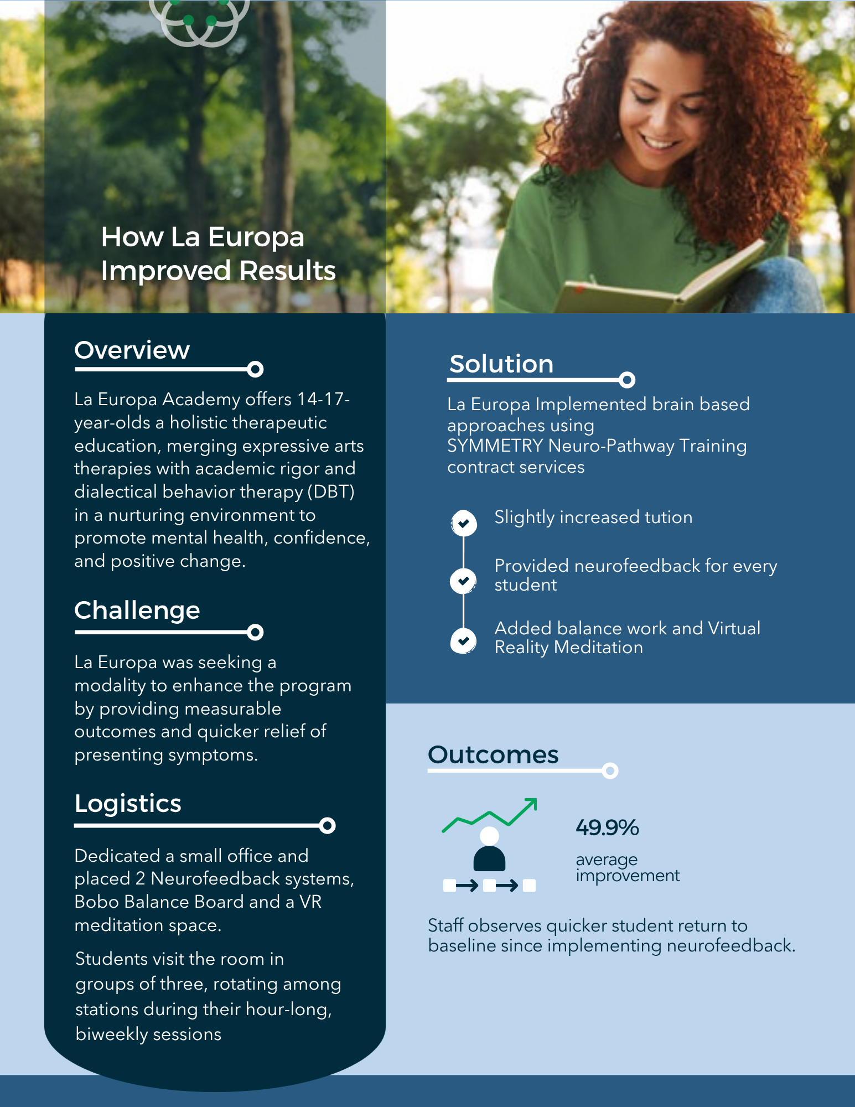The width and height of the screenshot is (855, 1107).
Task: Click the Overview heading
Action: click(x=132, y=350)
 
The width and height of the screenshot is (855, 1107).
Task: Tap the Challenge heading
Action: click(x=137, y=611)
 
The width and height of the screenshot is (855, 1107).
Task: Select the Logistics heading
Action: click(x=128, y=804)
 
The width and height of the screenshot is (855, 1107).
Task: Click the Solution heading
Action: click(x=501, y=364)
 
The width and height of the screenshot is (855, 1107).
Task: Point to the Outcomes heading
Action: click(x=493, y=755)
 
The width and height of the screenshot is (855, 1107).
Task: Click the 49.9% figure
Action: click(x=607, y=828)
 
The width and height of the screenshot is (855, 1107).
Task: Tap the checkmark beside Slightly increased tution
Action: click(x=464, y=523)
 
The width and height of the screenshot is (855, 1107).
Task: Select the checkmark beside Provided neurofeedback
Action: click(x=464, y=581)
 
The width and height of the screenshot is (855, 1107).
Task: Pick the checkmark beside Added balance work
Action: click(x=464, y=641)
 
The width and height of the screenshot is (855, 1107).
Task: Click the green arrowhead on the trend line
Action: click(x=532, y=803)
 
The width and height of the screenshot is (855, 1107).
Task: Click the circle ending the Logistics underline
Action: click(x=327, y=826)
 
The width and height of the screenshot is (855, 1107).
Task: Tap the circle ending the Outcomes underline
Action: click(x=610, y=770)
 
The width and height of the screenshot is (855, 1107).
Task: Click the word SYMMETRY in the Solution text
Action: click(x=495, y=446)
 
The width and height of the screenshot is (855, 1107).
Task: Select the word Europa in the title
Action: click(x=256, y=237)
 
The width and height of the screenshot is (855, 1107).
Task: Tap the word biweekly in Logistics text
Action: click(x=102, y=1034)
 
